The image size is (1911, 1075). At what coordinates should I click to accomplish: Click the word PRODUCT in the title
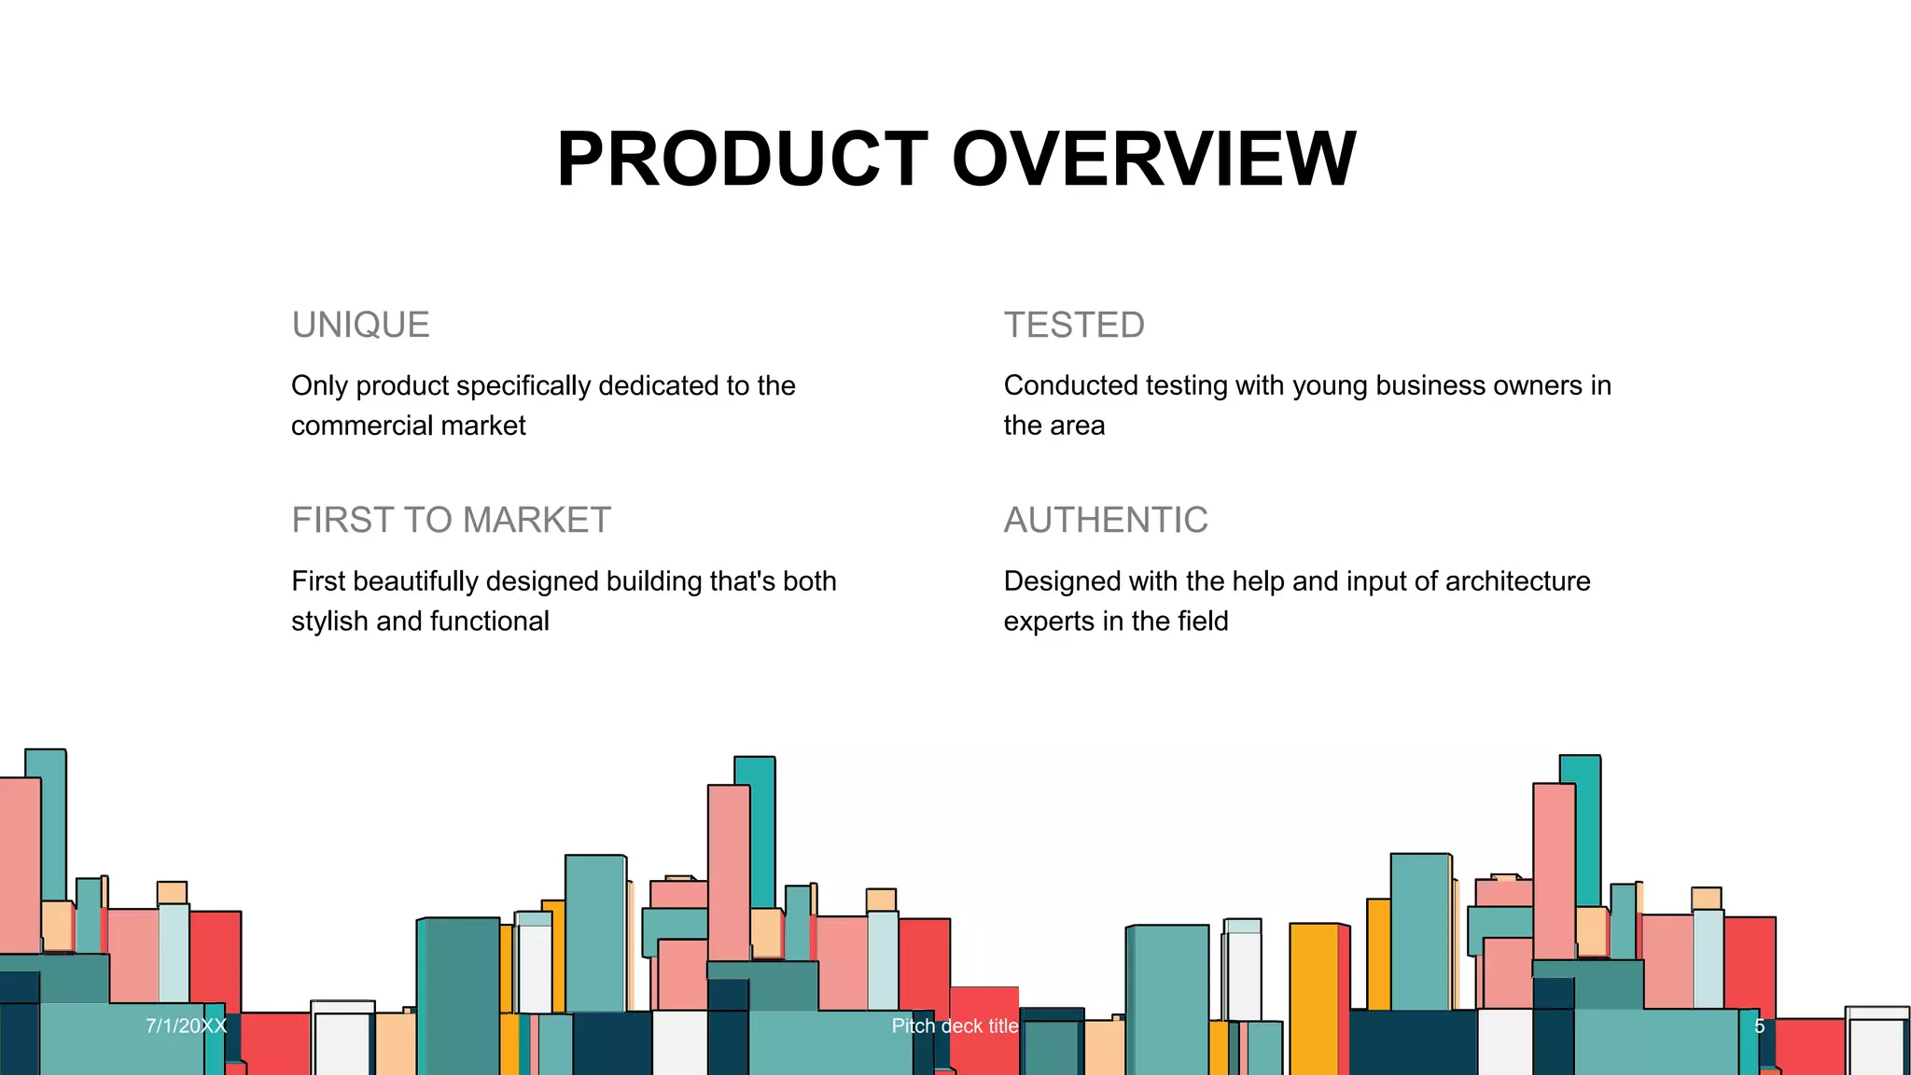pyautogui.click(x=742, y=159)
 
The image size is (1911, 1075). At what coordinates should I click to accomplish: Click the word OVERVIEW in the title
pyautogui.click(x=1153, y=159)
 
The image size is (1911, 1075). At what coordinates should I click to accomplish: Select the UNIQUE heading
pyautogui.click(x=360, y=325)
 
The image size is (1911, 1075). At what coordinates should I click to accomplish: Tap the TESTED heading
pyautogui.click(x=1074, y=325)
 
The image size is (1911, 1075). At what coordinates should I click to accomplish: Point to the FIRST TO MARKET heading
pyautogui.click(x=451, y=520)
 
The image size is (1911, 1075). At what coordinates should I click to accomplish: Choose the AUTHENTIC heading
pyautogui.click(x=1106, y=520)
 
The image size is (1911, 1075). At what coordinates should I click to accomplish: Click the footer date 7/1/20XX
pyautogui.click(x=187, y=1026)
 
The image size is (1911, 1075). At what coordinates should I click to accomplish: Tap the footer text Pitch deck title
pyautogui.click(x=955, y=1026)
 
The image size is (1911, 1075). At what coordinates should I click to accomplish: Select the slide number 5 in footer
pyautogui.click(x=1760, y=1026)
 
